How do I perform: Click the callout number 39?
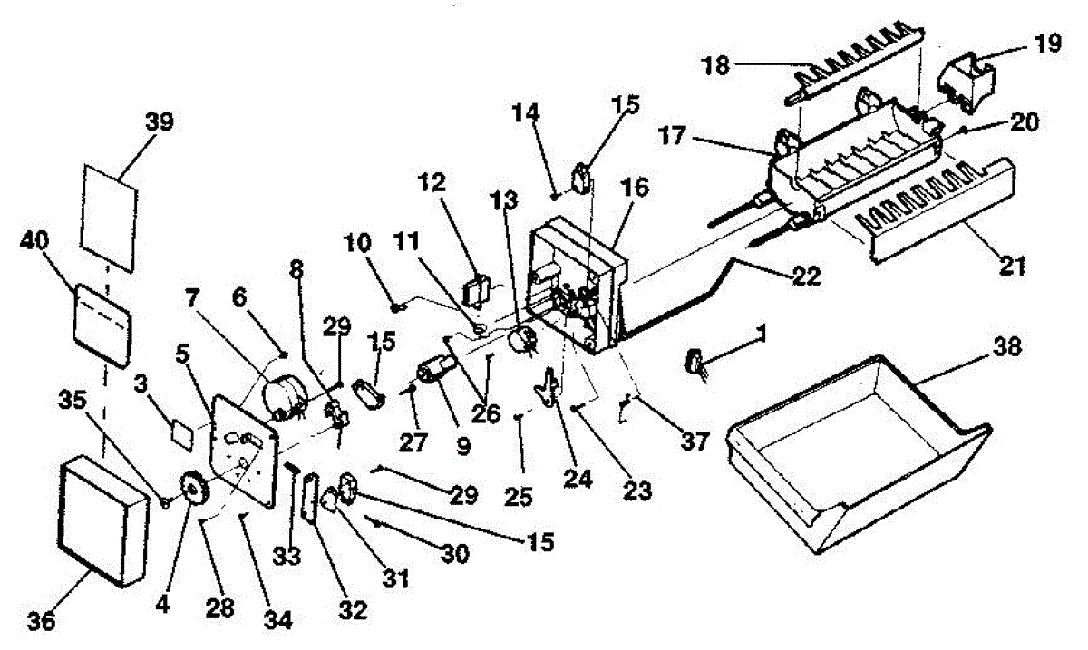[160, 122]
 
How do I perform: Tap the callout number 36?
[42, 622]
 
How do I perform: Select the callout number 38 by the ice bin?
[1008, 347]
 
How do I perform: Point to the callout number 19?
[1048, 44]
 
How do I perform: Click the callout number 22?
[807, 276]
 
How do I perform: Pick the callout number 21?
[1012, 267]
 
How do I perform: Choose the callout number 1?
[761, 334]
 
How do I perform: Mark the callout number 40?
[34, 240]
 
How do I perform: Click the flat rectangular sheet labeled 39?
[110, 218]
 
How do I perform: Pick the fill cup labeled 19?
[966, 82]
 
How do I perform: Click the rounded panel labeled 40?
[102, 325]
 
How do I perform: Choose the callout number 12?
[432, 183]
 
